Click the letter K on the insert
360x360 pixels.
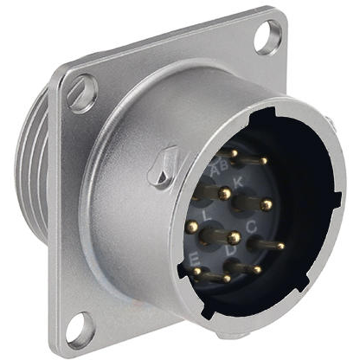coord(239,182)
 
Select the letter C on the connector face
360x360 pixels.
coord(250,227)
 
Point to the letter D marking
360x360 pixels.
coord(230,252)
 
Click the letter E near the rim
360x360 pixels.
coord(195,259)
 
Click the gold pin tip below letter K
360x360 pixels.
coord(267,205)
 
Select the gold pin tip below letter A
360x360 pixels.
coord(225,192)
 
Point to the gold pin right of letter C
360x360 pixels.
coord(280,247)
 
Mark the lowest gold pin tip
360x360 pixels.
coord(227,279)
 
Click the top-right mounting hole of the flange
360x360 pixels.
coord(268,37)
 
